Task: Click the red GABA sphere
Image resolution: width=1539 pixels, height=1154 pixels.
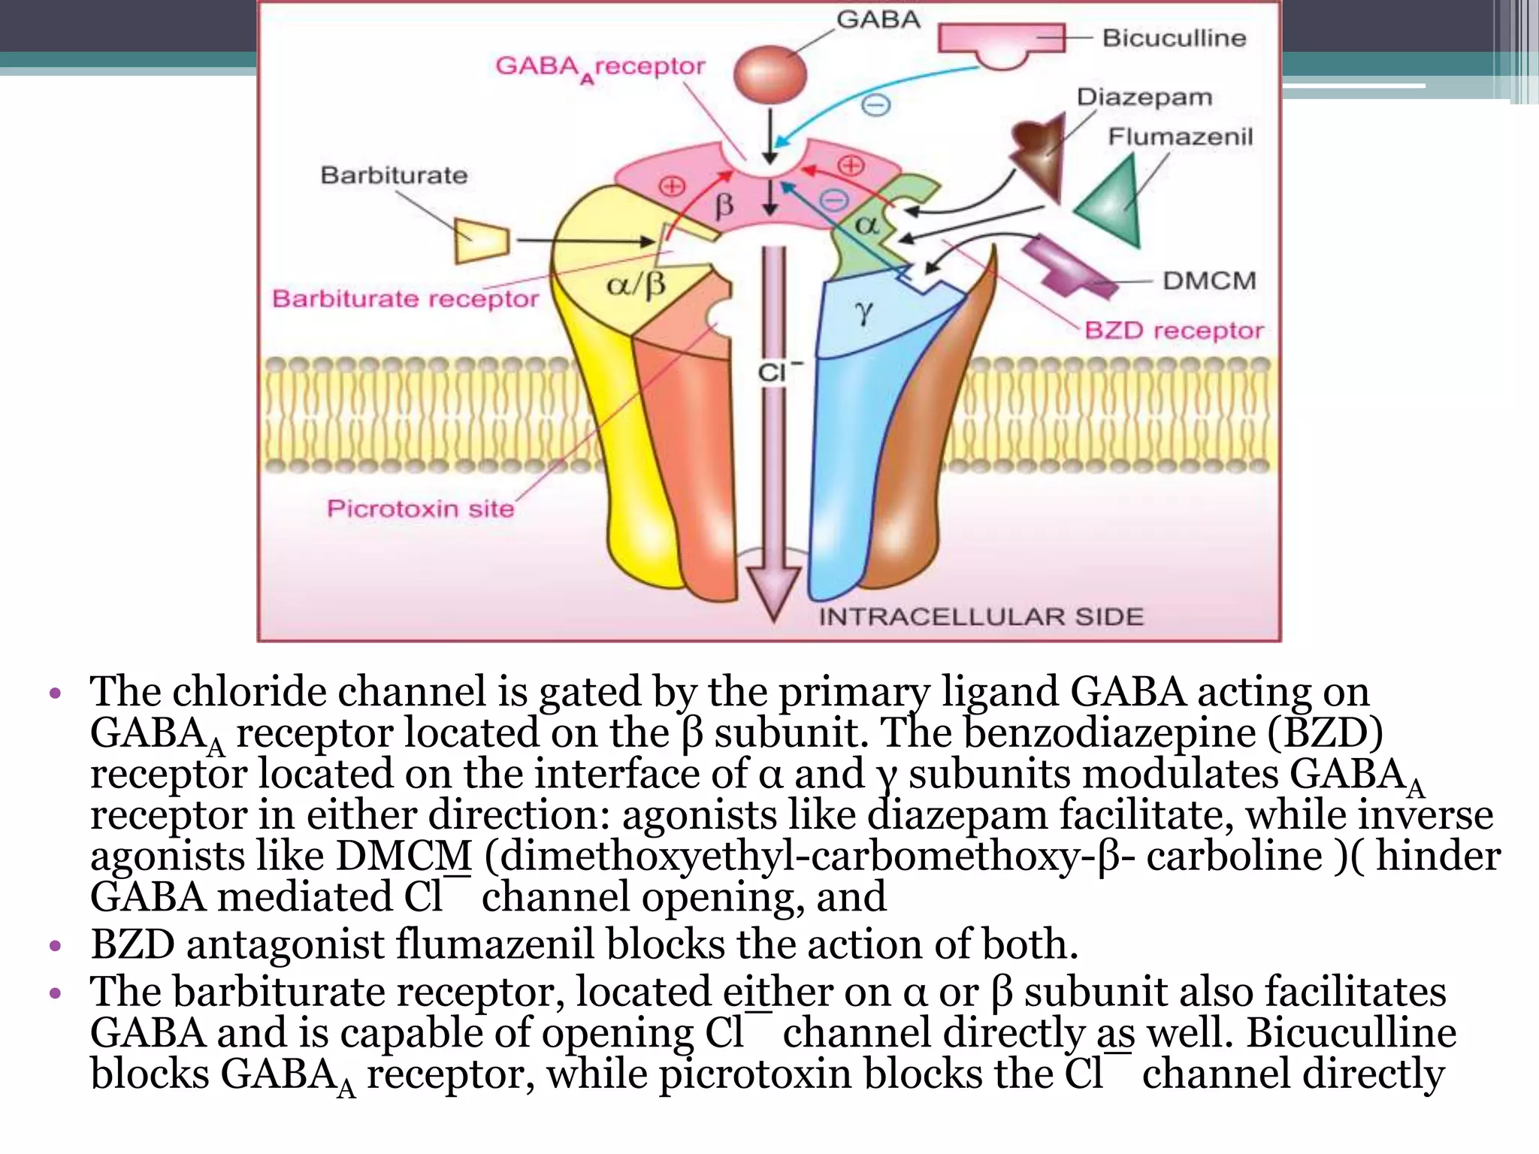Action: tap(769, 74)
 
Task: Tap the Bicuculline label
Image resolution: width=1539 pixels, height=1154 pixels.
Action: tap(1174, 38)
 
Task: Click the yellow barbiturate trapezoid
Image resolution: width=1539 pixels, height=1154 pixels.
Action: tap(482, 241)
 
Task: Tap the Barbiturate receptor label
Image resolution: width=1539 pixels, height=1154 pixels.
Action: tap(405, 298)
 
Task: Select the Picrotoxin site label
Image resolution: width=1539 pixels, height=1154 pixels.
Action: tap(420, 509)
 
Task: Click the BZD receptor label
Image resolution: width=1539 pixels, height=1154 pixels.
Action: tap(1174, 330)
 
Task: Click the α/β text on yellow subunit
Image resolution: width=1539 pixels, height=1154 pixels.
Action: tap(636, 285)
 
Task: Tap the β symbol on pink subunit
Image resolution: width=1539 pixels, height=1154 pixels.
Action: tap(724, 205)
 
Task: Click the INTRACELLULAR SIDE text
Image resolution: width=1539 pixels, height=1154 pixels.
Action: tap(981, 617)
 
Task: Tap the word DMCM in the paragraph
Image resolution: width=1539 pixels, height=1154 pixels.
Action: tap(404, 856)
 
